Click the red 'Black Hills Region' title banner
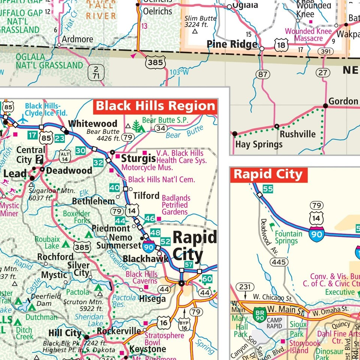155,106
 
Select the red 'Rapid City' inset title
268,175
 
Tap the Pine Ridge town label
232,45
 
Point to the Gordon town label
343,101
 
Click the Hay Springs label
259,144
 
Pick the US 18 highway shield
281,45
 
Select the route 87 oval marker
263,74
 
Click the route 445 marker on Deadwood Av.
279,262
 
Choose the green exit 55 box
268,189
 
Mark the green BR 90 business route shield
259,313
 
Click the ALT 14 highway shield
65,156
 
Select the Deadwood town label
69,171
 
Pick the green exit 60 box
207,279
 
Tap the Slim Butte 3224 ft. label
200,22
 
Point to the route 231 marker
244,287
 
